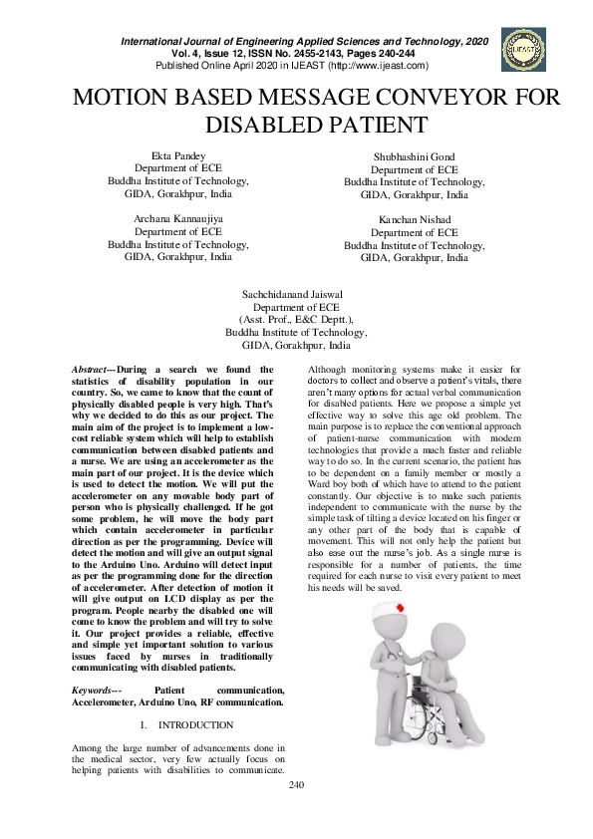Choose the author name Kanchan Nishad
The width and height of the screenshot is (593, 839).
pos(414,219)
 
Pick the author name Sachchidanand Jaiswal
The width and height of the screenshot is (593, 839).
pos(296,296)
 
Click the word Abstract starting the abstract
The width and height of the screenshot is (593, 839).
pos(94,370)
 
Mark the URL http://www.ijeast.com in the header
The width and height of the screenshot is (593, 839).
pos(370,66)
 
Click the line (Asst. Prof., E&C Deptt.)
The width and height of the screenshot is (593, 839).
pos(296,321)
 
